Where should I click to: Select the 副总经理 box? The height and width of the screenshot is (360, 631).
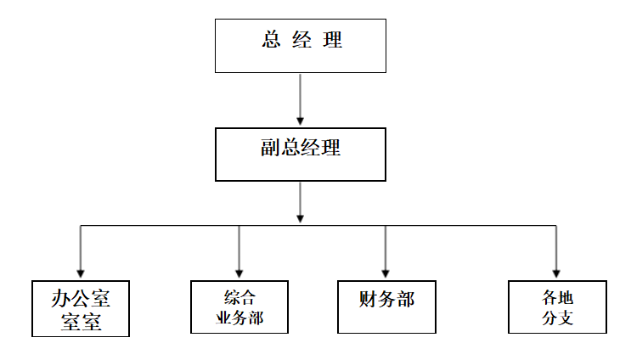point(301,155)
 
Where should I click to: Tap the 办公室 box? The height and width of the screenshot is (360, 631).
point(81,307)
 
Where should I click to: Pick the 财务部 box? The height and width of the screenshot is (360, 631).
point(386,306)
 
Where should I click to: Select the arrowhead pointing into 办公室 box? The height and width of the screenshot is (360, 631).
point(80,273)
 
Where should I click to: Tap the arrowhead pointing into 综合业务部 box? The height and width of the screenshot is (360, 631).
point(239,273)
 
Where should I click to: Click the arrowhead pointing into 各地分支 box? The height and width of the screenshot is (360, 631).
point(557,273)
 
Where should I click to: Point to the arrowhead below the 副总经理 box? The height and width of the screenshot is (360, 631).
point(301,218)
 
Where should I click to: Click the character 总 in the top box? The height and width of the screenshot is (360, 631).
point(271,41)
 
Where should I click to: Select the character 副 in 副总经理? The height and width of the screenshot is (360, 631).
point(271,148)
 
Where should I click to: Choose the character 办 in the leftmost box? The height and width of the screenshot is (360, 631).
point(60,297)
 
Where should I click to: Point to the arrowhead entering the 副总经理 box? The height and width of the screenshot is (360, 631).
point(301,121)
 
